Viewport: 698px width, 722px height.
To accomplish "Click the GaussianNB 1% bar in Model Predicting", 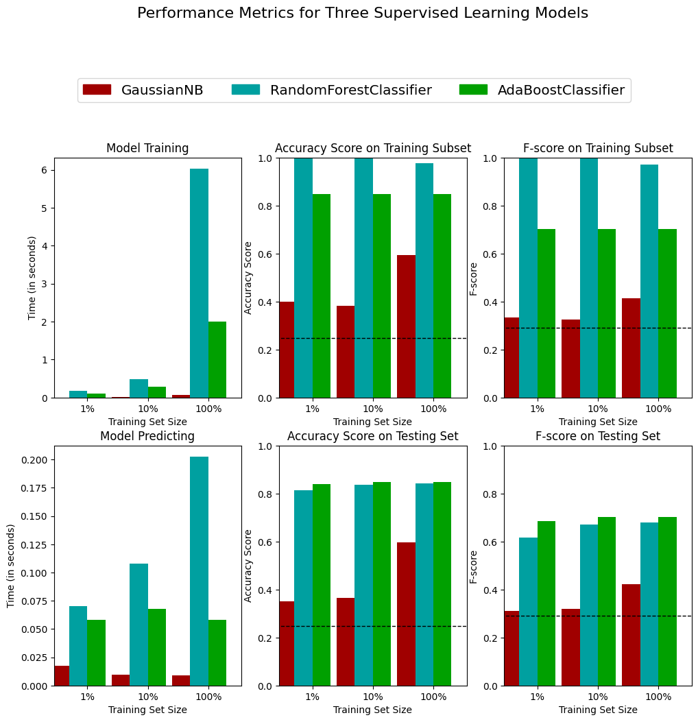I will pyautogui.click(x=62, y=675).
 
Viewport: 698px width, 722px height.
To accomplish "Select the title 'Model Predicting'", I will pyautogui.click(x=147, y=436).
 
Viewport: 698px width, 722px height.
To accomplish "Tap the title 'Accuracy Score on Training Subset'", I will pyautogui.click(x=373, y=148).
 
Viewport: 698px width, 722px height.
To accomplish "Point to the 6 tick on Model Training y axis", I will pyautogui.click(x=46, y=170).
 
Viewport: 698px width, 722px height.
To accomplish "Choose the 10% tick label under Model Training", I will pyautogui.click(x=147, y=409).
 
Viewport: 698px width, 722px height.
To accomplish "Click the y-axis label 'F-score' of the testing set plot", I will pyautogui.click(x=473, y=566).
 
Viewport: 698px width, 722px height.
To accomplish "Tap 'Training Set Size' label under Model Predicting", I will pyautogui.click(x=147, y=710).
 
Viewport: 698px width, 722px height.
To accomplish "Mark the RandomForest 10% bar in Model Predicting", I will pyautogui.click(x=139, y=625).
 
